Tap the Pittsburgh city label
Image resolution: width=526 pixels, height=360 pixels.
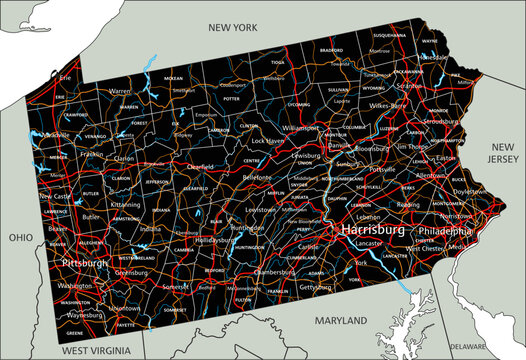pos(85,264)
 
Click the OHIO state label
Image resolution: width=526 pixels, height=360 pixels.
pos(21,238)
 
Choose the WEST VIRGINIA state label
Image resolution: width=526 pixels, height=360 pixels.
pos(97,351)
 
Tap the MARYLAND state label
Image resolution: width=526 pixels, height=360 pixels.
pos(340,321)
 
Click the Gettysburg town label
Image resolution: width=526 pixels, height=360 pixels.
pos(314,287)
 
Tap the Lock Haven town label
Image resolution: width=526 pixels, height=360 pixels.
pos(268,142)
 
